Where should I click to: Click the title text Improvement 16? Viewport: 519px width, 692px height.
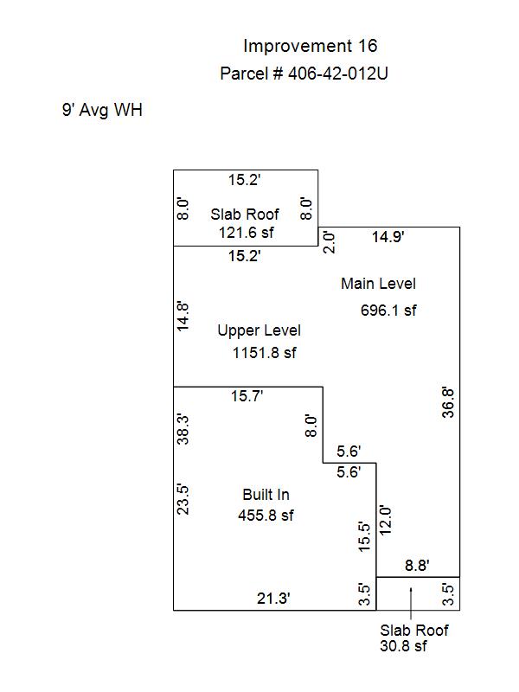[x=311, y=46]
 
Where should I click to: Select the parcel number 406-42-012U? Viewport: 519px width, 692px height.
[x=338, y=74]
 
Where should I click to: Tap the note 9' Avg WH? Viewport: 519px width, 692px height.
[x=102, y=110]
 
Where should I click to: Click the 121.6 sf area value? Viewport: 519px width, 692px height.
[x=247, y=232]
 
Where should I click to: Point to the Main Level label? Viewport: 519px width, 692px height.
[x=378, y=284]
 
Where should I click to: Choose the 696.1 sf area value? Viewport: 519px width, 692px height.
[x=388, y=311]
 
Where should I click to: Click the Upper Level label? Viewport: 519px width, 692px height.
[x=259, y=330]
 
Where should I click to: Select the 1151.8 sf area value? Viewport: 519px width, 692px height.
[x=265, y=353]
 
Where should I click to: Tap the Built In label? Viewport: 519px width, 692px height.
[x=266, y=495]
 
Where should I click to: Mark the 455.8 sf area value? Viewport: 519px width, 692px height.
[x=266, y=515]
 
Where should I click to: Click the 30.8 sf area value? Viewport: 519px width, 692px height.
[x=403, y=645]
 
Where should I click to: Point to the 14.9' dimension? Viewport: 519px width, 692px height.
[x=388, y=237]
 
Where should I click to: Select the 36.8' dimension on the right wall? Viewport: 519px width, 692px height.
[x=448, y=402]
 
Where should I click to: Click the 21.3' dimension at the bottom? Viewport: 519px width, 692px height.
[x=273, y=599]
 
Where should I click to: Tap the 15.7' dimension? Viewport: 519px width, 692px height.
[x=247, y=396]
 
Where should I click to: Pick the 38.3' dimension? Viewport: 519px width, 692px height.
[x=183, y=429]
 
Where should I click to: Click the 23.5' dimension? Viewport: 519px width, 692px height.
[x=183, y=500]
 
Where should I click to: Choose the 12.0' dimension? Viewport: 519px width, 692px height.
[x=385, y=521]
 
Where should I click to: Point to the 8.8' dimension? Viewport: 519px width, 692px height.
[x=417, y=566]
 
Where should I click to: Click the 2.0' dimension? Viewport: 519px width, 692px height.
[x=330, y=242]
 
